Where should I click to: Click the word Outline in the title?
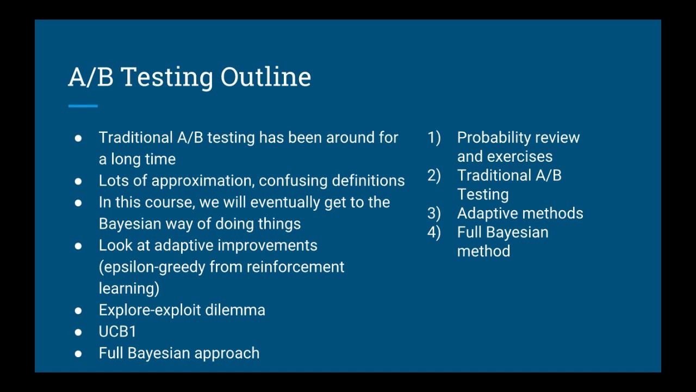(265, 77)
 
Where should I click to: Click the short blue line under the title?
(83, 106)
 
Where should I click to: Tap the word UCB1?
(117, 332)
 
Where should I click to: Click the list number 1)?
(434, 138)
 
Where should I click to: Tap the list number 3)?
(434, 213)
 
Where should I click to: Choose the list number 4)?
(434, 232)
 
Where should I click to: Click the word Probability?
(494, 138)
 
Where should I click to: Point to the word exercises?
(520, 157)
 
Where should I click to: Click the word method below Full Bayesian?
(483, 252)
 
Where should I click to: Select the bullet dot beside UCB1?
(78, 332)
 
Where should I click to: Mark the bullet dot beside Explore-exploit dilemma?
(78, 310)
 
